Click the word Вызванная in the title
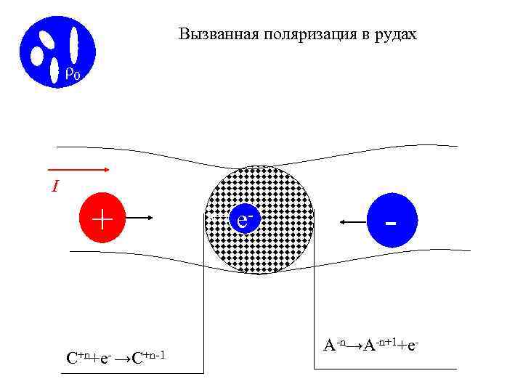[x=208, y=34]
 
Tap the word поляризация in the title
[x=291, y=34]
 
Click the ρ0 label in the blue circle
[x=71, y=73]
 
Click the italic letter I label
[x=55, y=187]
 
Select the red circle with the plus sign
[x=102, y=217]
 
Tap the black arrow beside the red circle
[x=150, y=216]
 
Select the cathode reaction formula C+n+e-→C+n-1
[x=121, y=357]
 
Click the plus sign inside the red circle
[x=102, y=217]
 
